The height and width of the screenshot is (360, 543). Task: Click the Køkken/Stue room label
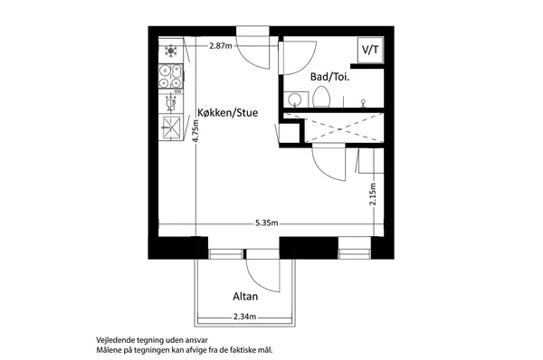[227, 112]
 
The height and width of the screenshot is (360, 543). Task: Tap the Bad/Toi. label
[329, 77]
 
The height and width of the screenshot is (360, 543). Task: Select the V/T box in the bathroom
[370, 50]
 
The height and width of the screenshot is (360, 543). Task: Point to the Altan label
[245, 297]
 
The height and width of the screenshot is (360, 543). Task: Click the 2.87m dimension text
[221, 46]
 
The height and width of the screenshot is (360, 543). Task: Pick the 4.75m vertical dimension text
[195, 131]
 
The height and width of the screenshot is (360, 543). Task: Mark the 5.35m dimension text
[267, 223]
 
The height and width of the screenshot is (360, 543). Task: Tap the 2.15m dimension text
[373, 194]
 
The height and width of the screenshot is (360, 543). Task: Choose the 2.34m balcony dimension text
[245, 317]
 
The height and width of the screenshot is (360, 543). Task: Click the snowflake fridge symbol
[171, 51]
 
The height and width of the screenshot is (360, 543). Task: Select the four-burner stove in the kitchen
[171, 76]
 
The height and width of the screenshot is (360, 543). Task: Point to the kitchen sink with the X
[171, 128]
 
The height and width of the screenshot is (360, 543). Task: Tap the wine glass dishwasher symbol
[170, 103]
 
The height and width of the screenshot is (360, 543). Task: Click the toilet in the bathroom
[321, 97]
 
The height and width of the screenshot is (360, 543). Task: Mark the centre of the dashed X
[339, 129]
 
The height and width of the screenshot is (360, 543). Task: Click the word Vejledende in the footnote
[113, 340]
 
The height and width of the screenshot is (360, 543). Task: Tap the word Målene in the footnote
[108, 350]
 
